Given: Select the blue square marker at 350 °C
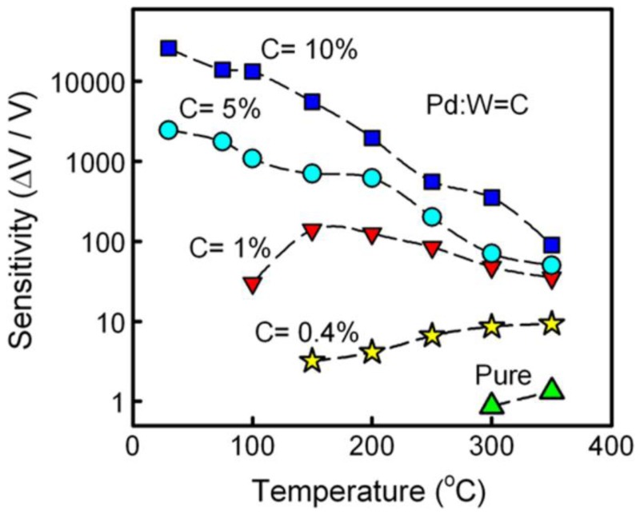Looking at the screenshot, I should (x=551, y=245).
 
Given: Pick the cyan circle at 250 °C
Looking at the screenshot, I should (x=432, y=217).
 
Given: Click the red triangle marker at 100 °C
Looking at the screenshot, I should (x=253, y=285).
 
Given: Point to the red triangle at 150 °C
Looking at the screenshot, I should (x=312, y=232).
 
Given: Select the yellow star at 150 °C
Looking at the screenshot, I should (x=312, y=361).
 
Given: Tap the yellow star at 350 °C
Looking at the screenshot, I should (x=551, y=324).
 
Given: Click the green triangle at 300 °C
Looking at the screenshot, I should (x=492, y=404).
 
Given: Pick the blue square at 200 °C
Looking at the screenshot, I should (x=372, y=138).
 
